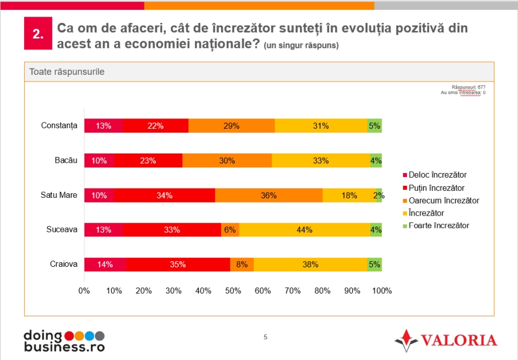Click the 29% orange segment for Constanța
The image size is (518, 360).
click(231, 126)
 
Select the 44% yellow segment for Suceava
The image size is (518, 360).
click(304, 230)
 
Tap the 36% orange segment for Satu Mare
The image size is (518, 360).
click(269, 196)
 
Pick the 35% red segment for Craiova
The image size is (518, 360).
click(178, 265)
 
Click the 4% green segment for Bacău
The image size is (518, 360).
click(376, 160)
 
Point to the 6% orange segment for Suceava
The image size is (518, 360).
click(230, 230)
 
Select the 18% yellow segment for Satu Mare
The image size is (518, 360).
click(349, 196)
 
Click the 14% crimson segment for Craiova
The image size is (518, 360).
click(105, 265)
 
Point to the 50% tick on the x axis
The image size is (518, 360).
click(233, 291)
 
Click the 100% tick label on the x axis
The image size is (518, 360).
click(382, 291)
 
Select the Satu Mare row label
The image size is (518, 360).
click(59, 196)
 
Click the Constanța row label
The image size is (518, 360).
click(59, 126)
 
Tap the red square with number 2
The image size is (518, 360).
click(38, 34)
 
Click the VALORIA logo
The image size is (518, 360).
click(447, 340)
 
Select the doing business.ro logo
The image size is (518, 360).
click(64, 340)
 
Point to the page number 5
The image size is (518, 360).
click(265, 337)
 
